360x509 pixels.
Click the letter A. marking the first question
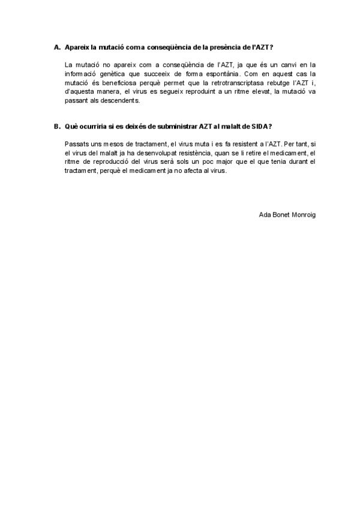tap(57, 47)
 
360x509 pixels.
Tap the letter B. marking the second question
tap(57, 126)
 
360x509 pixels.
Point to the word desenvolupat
tap(143, 154)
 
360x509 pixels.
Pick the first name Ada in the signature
tap(265, 213)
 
